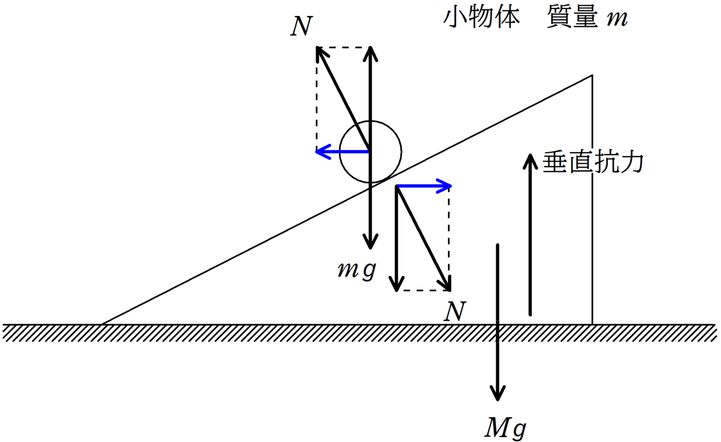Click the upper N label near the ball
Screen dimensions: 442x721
(301, 26)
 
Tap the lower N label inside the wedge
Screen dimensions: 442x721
(455, 312)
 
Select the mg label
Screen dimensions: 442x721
(357, 270)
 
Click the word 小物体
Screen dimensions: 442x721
(482, 18)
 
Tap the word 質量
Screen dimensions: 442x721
(572, 18)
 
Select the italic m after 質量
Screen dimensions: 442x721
(617, 19)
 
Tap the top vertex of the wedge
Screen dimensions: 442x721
(592, 75)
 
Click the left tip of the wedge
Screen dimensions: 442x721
(101, 324)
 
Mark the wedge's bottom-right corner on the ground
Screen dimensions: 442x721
(592, 324)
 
